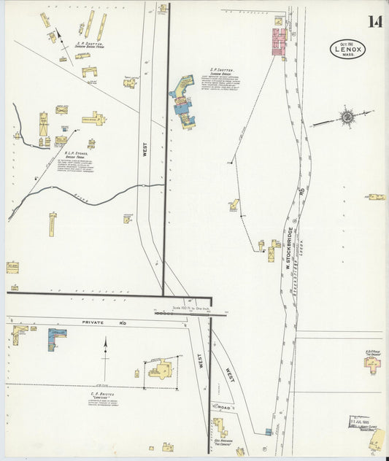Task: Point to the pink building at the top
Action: (279, 43)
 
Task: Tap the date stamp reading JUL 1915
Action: (363, 421)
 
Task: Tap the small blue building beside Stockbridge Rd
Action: (269, 432)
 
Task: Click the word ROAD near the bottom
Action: (223, 406)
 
